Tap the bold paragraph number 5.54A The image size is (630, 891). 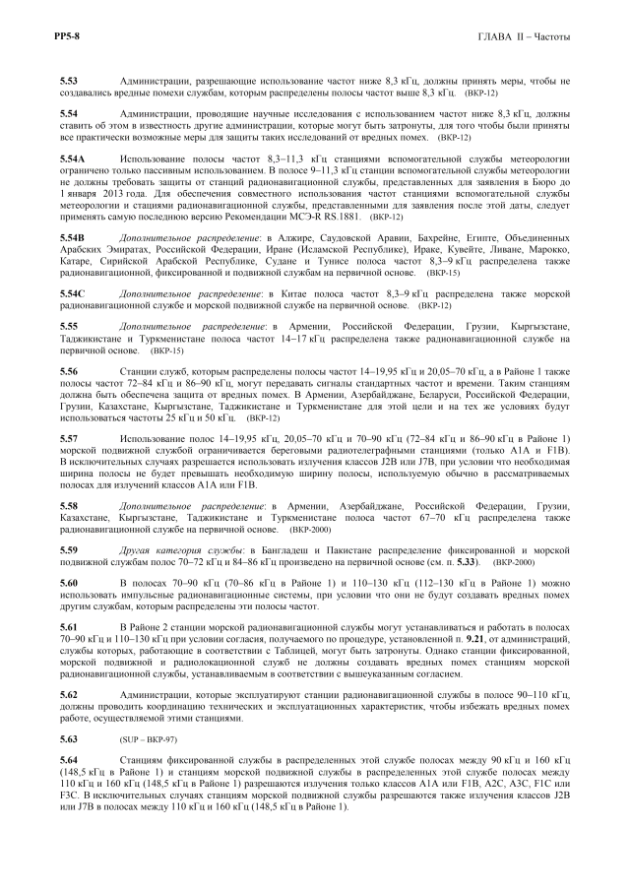click(73, 158)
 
